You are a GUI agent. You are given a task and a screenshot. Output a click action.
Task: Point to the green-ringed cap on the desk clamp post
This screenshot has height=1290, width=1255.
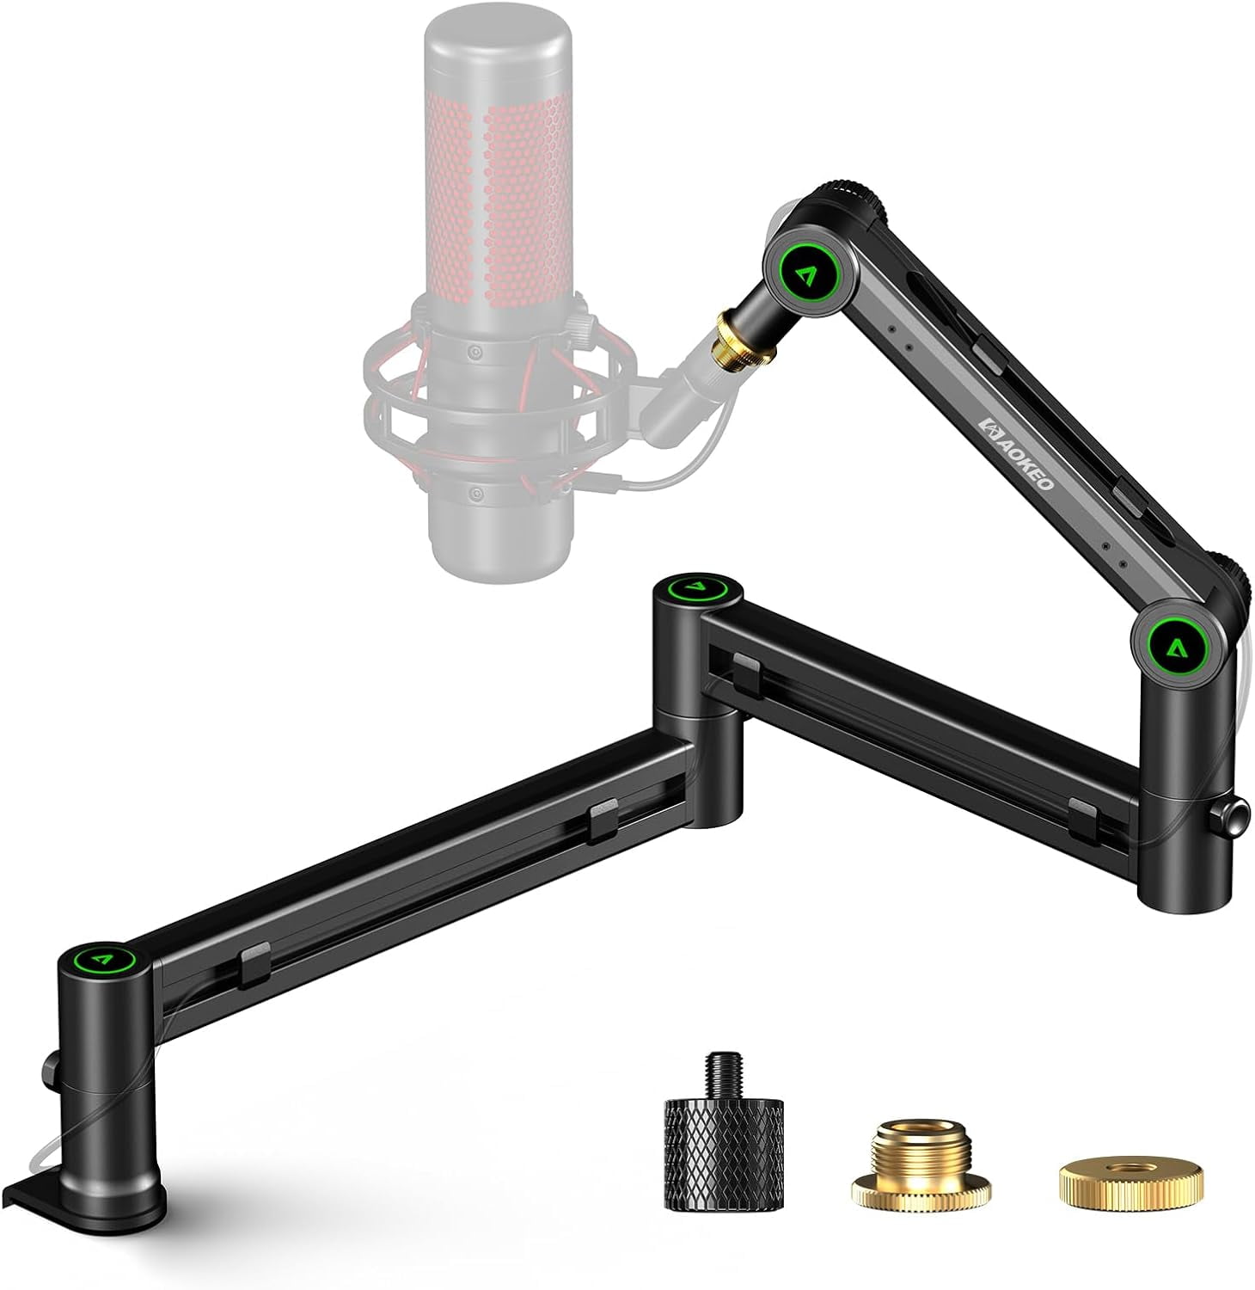105,956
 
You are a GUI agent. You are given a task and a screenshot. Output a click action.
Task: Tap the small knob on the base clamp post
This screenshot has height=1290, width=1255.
48,1068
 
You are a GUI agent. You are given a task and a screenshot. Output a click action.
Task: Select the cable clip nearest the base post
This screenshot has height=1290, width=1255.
255,963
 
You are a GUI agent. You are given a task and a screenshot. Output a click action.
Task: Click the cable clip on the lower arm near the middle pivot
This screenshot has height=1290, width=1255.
603,821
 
